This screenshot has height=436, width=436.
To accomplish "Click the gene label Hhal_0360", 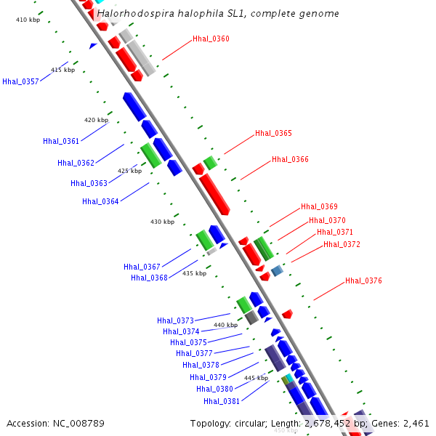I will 211,39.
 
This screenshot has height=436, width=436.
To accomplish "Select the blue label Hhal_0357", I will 20,81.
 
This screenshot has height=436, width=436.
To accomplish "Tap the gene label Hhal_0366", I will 290,159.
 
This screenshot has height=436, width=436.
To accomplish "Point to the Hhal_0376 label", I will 363,280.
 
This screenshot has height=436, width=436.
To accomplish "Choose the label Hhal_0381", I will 222,400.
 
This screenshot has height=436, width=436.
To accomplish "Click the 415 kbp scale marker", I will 62,70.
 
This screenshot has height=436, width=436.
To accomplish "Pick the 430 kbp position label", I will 162,222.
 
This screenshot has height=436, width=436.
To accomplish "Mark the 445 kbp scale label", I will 256,378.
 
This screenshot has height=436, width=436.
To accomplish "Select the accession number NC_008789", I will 78,423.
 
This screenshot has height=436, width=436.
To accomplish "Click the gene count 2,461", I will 415,423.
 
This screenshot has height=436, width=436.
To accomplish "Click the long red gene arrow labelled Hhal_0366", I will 214,194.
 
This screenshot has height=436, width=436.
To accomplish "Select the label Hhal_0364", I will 100,201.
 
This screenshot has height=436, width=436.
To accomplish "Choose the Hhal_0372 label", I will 342,244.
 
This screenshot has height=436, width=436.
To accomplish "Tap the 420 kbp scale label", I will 96,120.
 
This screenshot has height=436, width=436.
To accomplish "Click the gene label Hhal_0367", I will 142,267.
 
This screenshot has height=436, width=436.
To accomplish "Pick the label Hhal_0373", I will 175,320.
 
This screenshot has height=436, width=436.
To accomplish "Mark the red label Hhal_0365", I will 273,134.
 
